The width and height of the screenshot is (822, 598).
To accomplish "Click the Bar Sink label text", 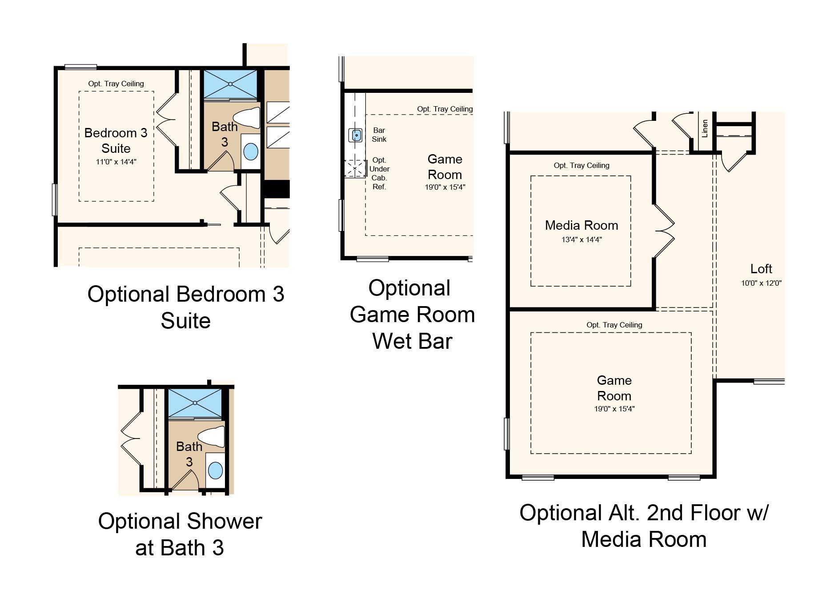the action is click(379, 135).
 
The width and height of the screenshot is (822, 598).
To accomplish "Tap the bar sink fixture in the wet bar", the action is click(356, 135).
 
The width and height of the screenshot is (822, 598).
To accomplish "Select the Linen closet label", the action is click(705, 128).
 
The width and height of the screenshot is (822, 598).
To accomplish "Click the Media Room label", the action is click(581, 225).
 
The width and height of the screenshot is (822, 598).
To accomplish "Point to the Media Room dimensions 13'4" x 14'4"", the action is click(581, 239).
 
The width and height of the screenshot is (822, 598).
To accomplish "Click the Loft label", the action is click(761, 269).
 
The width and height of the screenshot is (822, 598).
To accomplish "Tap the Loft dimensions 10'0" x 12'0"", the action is click(761, 283).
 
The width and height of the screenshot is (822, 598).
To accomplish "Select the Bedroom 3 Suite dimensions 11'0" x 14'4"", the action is click(116, 162).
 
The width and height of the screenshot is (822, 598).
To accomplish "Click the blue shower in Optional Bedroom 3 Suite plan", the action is click(230, 84).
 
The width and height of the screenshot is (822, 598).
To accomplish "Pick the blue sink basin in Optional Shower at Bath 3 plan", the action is click(215, 470).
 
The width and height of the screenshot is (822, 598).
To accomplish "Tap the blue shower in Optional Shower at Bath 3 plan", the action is click(195, 403).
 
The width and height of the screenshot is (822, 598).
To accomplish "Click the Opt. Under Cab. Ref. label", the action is click(379, 173).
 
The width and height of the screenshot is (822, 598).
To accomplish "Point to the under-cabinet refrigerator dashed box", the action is click(355, 169).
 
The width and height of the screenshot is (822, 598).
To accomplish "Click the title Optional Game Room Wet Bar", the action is click(412, 315).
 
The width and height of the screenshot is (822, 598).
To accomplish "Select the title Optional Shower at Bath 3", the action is click(180, 534).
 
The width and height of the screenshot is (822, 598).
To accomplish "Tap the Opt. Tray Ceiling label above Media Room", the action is click(581, 165).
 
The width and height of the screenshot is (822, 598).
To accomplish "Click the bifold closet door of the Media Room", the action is click(664, 231).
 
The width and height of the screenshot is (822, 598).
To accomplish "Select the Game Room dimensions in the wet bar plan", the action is click(445, 187).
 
